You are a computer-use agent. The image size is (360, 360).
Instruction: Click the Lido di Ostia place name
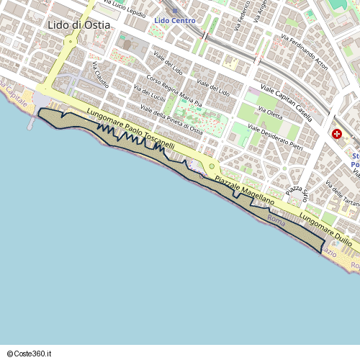[79, 25]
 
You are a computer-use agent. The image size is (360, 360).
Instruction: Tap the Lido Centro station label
[175, 20]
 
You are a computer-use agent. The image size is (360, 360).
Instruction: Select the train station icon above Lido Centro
[174, 10]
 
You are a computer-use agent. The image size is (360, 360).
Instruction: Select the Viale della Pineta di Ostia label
[172, 120]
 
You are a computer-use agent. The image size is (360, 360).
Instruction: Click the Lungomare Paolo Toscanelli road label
[130, 130]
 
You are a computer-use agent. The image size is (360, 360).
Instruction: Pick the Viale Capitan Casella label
[286, 102]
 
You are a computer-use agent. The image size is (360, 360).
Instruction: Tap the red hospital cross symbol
[337, 133]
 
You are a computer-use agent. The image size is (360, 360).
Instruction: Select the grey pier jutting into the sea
[31, 123]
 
